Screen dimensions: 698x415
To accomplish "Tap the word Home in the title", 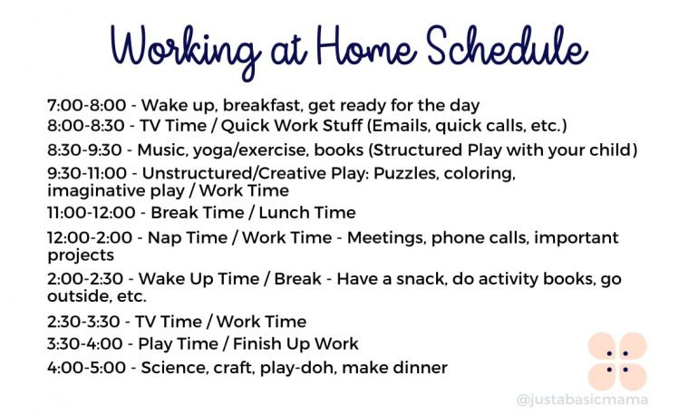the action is [x=366, y=46].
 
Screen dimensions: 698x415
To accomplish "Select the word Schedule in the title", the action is [x=507, y=45].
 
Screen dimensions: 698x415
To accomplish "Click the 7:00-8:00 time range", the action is [x=87, y=105].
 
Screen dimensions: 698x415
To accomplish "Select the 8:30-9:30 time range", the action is [x=84, y=150].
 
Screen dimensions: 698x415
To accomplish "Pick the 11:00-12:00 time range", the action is [x=92, y=213].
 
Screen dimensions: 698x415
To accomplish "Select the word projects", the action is [x=81, y=256].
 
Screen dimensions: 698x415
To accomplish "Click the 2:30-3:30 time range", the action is [x=83, y=322].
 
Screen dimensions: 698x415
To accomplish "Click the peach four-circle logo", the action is [x=617, y=362].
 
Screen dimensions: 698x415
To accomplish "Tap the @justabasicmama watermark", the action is [x=582, y=400].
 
